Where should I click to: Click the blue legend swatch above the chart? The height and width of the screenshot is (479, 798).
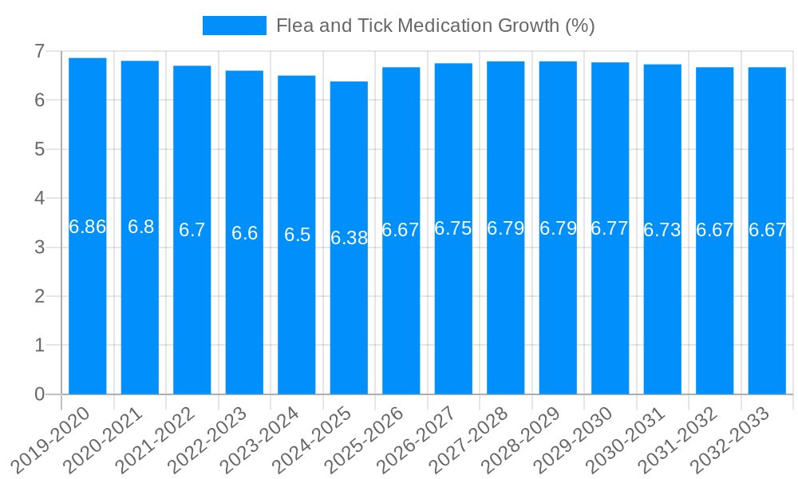(235, 26)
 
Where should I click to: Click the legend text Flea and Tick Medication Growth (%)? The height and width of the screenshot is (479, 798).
(435, 26)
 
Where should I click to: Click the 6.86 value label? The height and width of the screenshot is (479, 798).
(88, 227)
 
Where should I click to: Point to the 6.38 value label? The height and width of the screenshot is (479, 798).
(349, 238)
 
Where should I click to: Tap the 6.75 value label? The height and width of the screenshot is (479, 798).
(453, 228)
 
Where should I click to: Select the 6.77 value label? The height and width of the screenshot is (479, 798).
(610, 228)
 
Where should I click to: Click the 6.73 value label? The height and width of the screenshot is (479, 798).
(662, 230)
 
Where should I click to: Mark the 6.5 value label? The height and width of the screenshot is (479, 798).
(297, 235)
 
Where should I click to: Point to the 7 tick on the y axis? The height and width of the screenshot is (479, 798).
(39, 51)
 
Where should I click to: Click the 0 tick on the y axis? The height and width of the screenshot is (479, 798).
(39, 394)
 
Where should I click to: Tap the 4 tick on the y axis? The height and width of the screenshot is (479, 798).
(39, 198)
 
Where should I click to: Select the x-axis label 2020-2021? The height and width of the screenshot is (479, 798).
(104, 439)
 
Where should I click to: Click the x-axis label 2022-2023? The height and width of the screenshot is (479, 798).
(208, 439)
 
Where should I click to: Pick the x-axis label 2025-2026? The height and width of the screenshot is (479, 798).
(365, 439)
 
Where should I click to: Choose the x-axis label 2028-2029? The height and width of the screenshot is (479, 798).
(522, 439)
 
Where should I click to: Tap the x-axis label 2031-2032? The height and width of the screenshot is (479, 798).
(678, 439)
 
